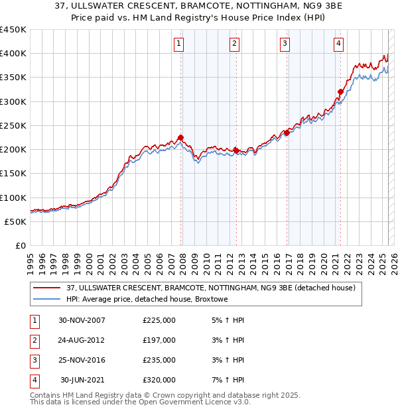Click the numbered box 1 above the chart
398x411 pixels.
point(179,44)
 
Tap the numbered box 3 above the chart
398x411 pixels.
point(285,44)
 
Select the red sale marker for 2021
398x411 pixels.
point(340,92)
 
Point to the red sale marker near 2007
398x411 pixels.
point(180,138)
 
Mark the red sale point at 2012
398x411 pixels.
point(236,151)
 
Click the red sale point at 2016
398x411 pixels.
point(287,133)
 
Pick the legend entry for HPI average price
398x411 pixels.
point(145,299)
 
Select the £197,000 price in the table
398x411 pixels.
point(159,340)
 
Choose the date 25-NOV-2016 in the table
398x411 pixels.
point(82,360)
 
